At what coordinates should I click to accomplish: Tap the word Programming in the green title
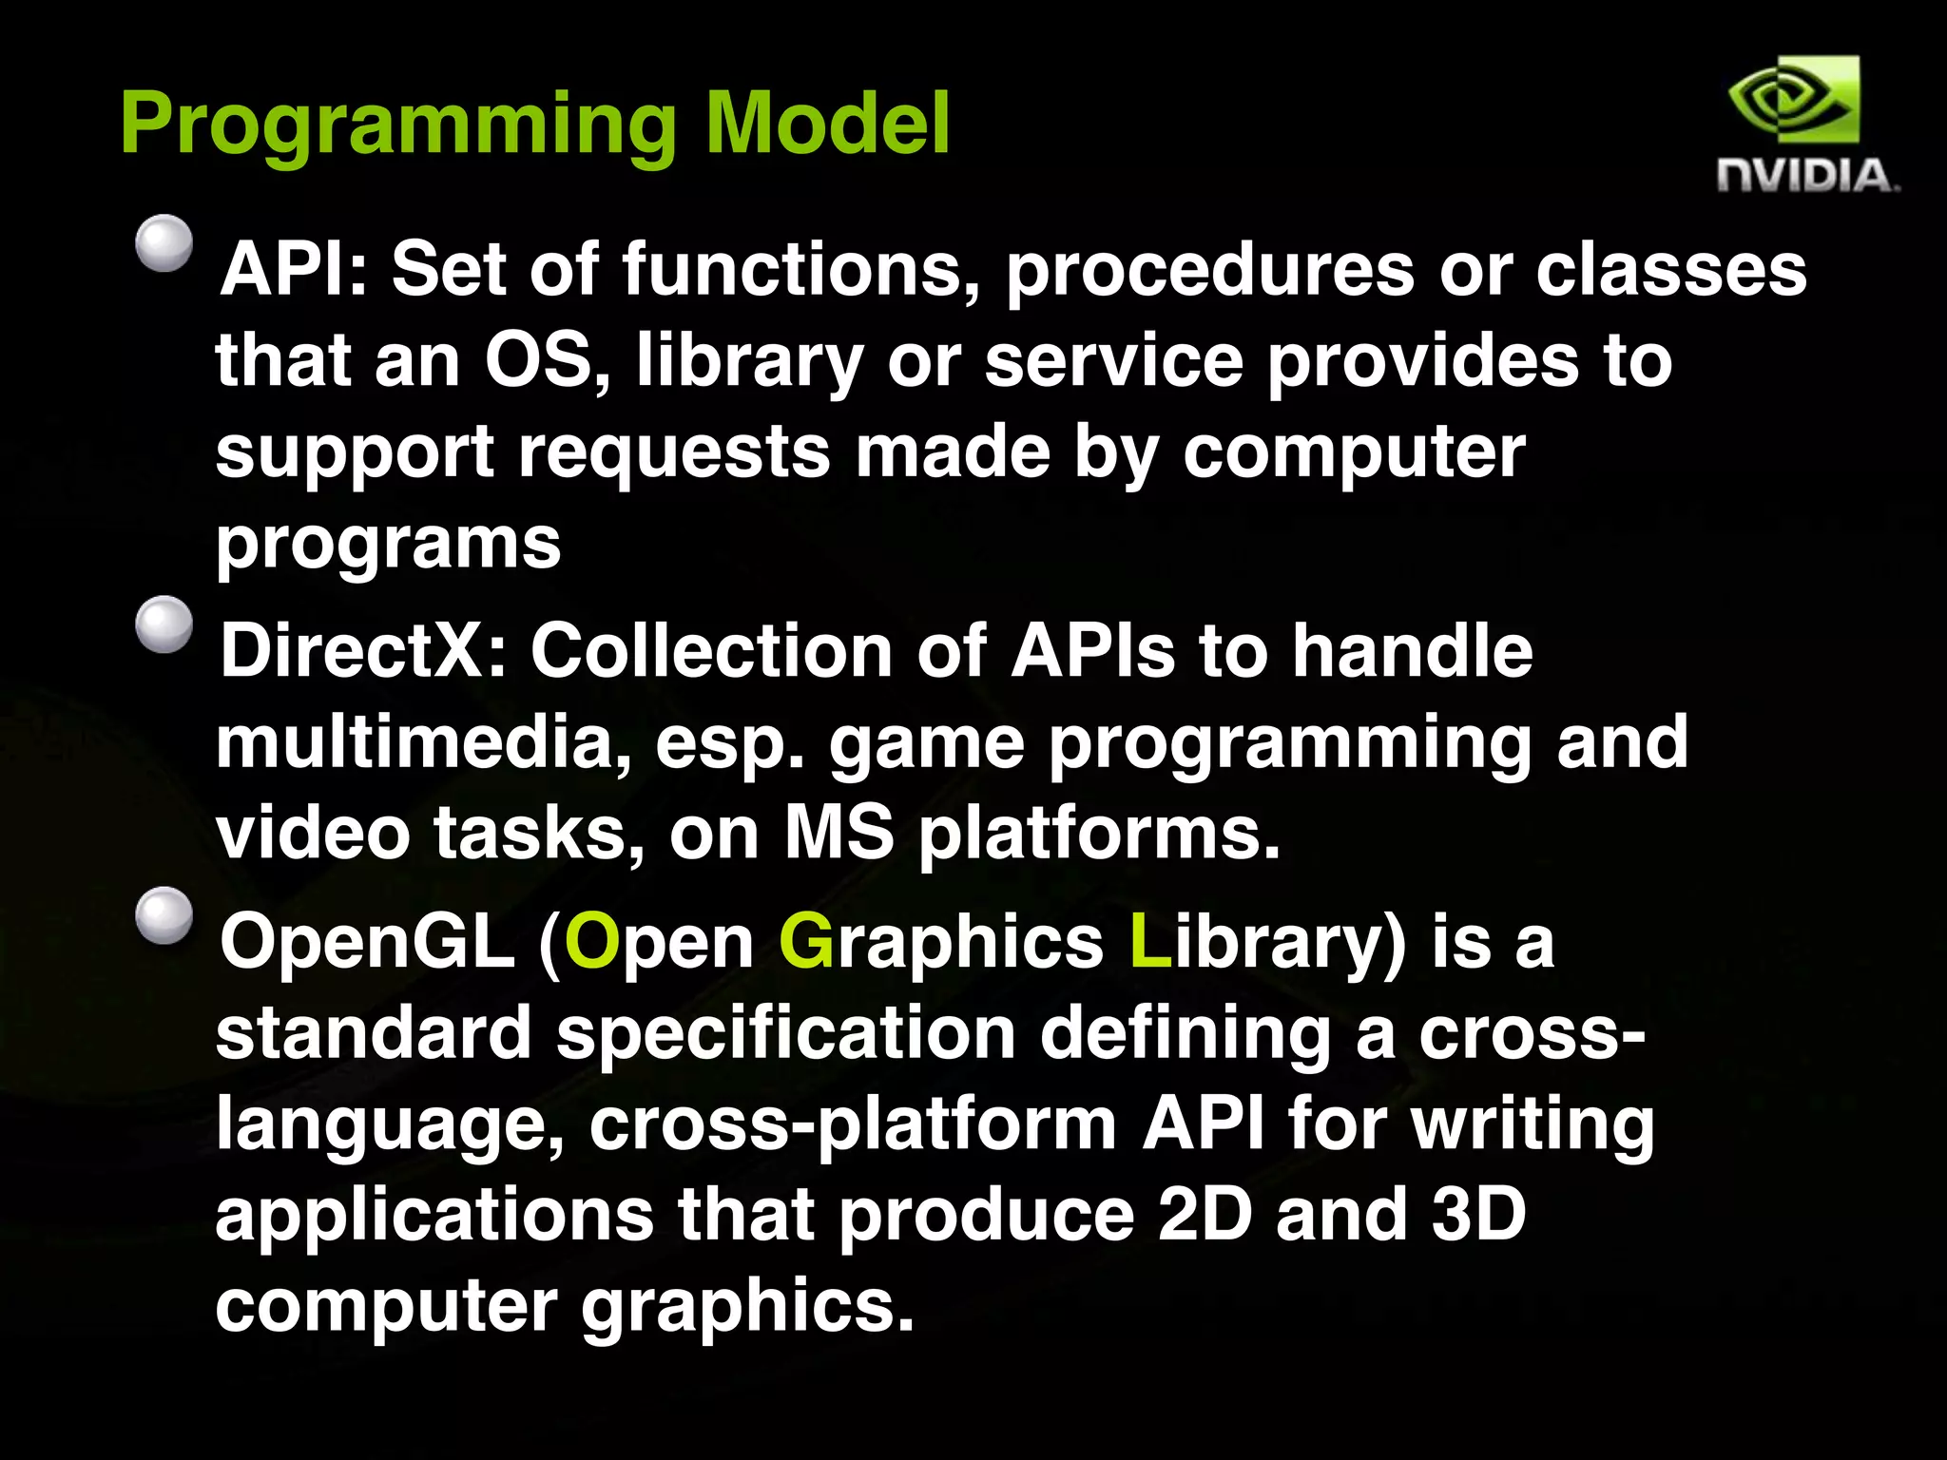pyautogui.click(x=398, y=128)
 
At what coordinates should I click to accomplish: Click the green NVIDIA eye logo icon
pyautogui.click(x=1793, y=99)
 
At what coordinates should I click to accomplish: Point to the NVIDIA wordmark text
pyautogui.click(x=1806, y=177)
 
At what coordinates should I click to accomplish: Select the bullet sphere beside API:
pyautogui.click(x=164, y=243)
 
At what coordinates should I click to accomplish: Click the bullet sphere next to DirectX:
pyautogui.click(x=164, y=624)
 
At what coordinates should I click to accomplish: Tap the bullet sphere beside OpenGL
pyautogui.click(x=164, y=915)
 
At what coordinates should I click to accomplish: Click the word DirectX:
pyautogui.click(x=364, y=651)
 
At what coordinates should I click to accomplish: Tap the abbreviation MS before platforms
pyautogui.click(x=839, y=834)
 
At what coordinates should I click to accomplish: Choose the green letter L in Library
pyautogui.click(x=1149, y=942)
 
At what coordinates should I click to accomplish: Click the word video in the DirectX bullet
pyautogui.click(x=313, y=834)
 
